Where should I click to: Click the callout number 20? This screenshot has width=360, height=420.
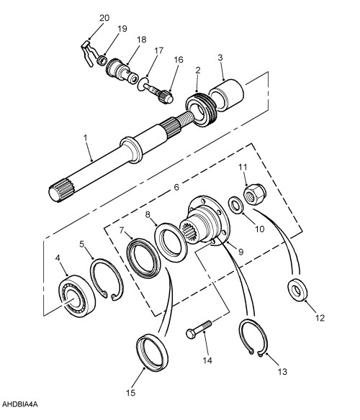point(104,17)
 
